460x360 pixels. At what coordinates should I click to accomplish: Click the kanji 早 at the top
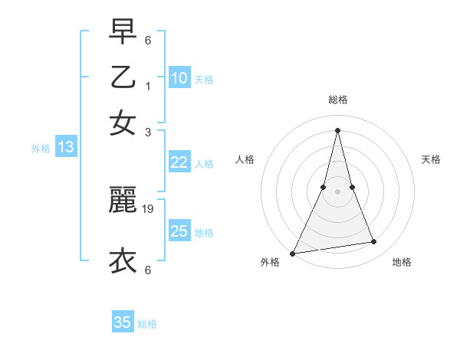pos(123,31)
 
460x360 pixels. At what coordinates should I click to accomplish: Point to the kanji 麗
pos(123,200)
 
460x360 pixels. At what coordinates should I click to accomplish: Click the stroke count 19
pos(149,208)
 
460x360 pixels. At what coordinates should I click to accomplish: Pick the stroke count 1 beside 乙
pos(148,86)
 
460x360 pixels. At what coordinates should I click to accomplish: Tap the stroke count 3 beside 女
pos(148,132)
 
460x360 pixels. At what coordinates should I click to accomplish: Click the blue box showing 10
pos(179,77)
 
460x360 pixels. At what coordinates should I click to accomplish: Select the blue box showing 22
pos(179,162)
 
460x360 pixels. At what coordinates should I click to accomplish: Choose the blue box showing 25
pos(179,231)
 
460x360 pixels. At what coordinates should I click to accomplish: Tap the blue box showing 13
pos(65,147)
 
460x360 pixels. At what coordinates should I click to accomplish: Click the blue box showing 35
pos(123,322)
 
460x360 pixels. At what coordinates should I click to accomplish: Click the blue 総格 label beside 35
pos(147,324)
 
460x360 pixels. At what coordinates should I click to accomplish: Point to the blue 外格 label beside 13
pos(41,149)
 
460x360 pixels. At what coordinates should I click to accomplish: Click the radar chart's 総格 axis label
pos(337,100)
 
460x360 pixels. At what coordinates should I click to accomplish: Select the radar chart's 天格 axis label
pos(432,159)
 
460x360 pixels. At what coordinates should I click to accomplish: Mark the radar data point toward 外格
pos(293,253)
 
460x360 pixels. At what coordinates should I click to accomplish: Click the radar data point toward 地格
pos(374,242)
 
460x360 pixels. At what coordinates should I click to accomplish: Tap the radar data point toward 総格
pos(337,129)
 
